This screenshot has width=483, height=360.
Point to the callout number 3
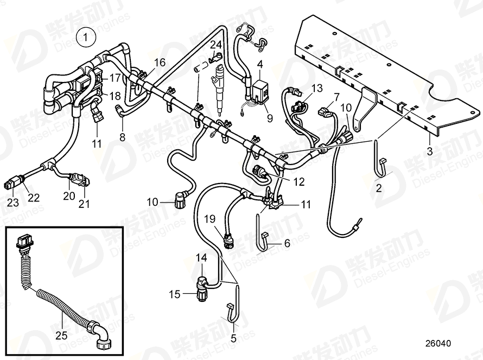429,151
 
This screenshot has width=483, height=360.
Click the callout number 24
216,44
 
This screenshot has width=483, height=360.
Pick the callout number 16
159,62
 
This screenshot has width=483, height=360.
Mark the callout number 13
316,88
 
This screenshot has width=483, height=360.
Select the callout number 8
122,137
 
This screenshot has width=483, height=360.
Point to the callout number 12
298,181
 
